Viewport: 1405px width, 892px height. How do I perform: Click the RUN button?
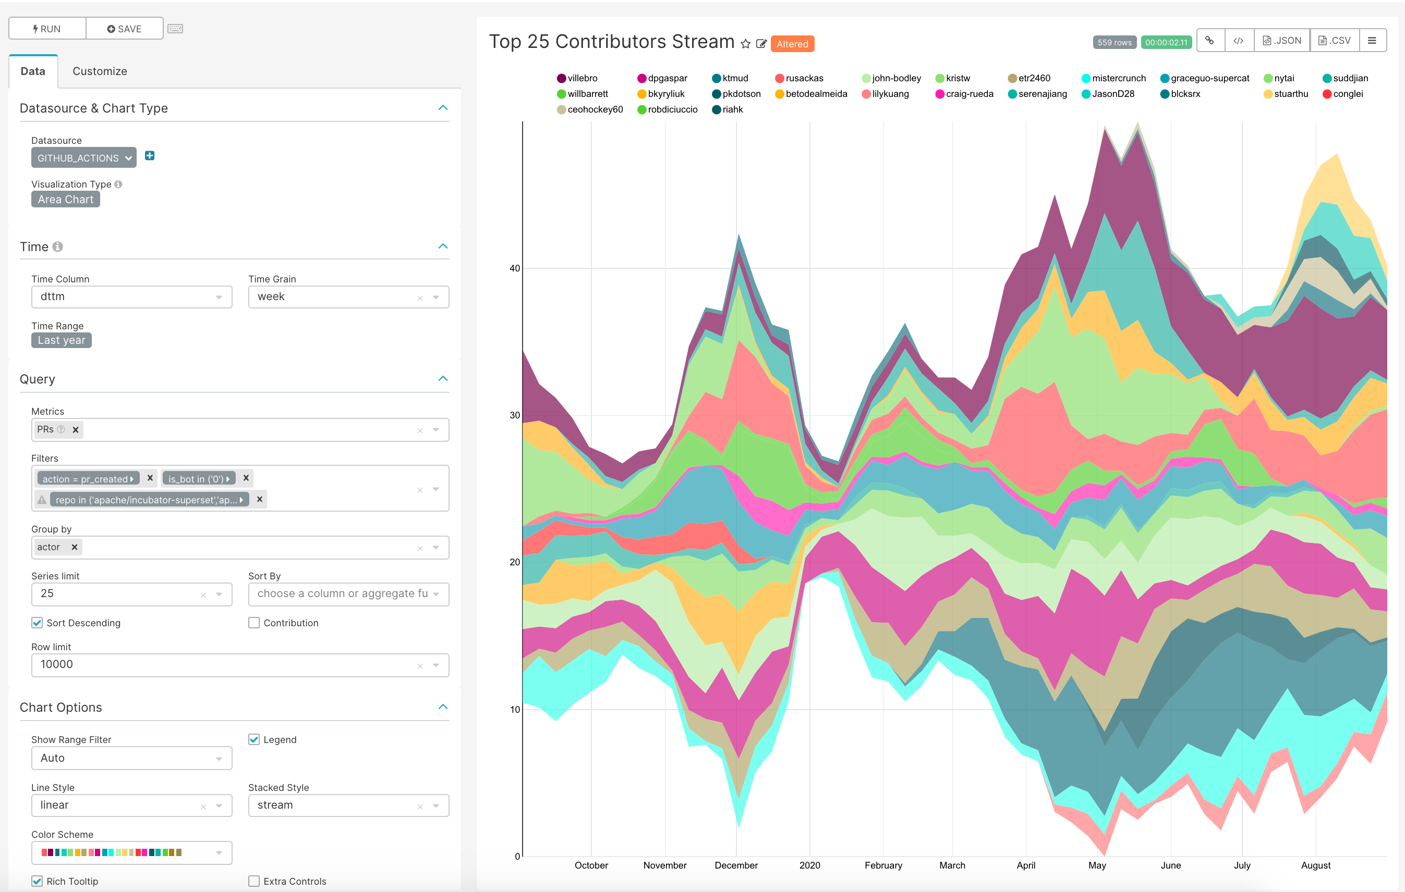pos(47,29)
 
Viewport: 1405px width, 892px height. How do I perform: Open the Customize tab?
pos(100,71)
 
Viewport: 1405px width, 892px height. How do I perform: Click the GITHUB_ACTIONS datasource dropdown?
pos(83,158)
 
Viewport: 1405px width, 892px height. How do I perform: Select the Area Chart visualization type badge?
pos(65,200)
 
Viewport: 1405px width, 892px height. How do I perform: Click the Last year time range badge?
pos(61,340)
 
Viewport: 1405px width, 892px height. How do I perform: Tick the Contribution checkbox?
pos(254,623)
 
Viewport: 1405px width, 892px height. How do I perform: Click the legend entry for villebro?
pos(582,78)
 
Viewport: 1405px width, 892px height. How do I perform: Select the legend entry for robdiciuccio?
pos(672,109)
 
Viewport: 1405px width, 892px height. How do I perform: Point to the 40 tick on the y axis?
pos(515,268)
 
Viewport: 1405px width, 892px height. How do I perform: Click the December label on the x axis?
pos(736,865)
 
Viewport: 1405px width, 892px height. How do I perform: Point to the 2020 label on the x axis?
pos(809,865)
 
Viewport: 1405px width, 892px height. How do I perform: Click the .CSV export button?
pos(1335,41)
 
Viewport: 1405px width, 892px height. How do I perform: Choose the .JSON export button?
pos(1282,41)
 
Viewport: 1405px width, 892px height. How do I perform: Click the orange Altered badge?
pos(792,44)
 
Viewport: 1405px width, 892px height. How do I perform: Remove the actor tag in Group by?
pos(74,547)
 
